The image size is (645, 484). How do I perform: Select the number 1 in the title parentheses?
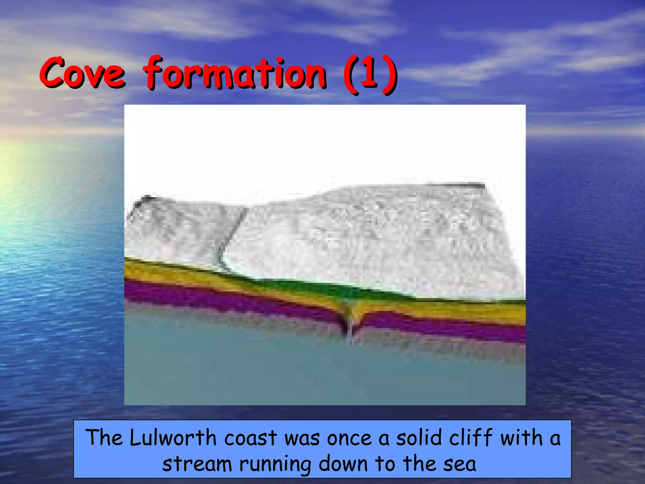369,73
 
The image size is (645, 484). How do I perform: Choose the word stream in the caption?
197,464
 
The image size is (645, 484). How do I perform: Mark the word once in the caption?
350,438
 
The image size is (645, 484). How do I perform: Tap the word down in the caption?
343,464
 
